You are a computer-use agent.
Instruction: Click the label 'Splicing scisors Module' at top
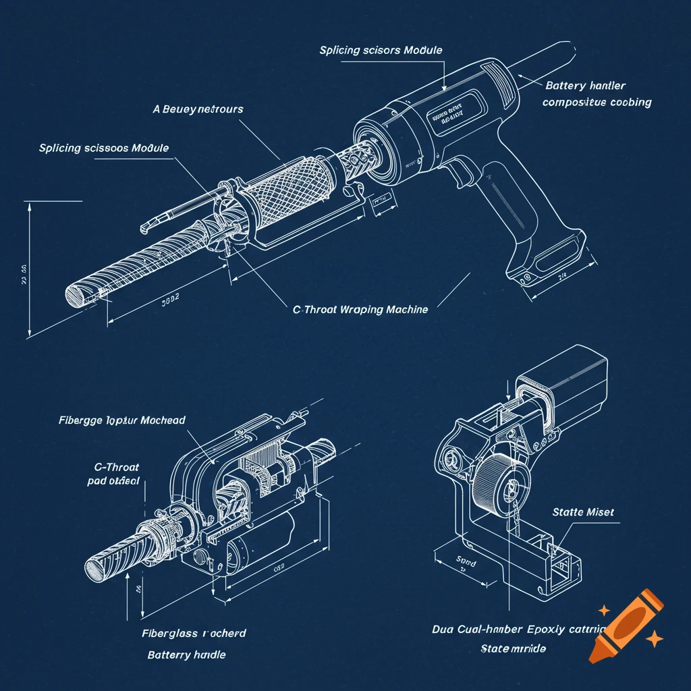(381, 51)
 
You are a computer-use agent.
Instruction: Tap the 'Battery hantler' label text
(585, 86)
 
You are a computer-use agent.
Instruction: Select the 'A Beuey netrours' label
(198, 109)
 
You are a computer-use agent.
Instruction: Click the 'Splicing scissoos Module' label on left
(104, 148)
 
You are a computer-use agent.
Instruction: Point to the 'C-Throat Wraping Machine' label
(360, 310)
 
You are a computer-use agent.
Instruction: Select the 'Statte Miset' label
(583, 512)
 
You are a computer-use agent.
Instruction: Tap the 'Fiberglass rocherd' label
(194, 634)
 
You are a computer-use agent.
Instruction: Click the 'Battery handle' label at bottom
(187, 655)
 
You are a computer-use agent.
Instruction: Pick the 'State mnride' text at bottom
(513, 649)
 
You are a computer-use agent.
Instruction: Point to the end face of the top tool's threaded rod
(75, 295)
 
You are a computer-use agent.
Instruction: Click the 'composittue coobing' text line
(597, 103)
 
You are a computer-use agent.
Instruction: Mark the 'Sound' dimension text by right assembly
(466, 561)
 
